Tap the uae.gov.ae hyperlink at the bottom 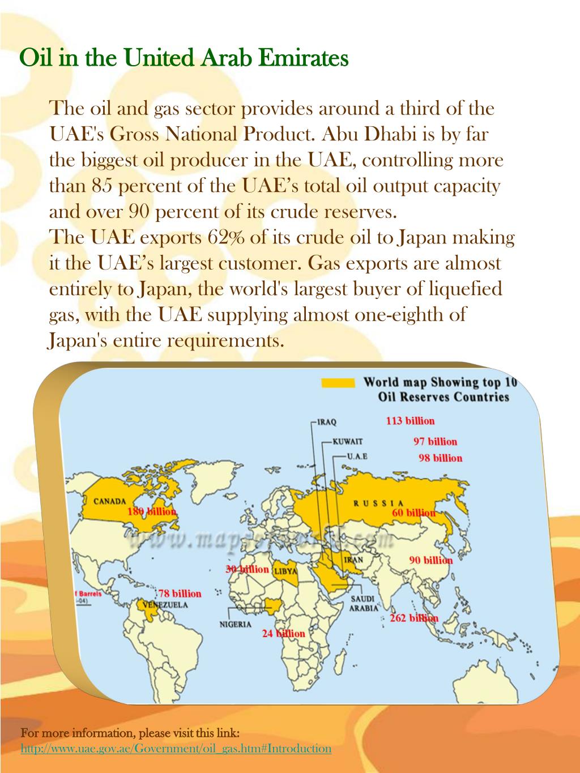coord(176,749)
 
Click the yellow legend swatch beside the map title coord(338,383)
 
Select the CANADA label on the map coord(109,501)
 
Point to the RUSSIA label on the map coord(378,503)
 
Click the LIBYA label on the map coord(285,571)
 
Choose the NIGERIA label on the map coord(236,625)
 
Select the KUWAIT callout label coord(347,442)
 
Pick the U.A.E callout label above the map coord(357,456)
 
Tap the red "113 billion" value coord(410,421)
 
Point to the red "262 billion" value coord(414,618)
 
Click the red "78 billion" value coord(180,593)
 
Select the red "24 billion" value coord(283,634)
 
